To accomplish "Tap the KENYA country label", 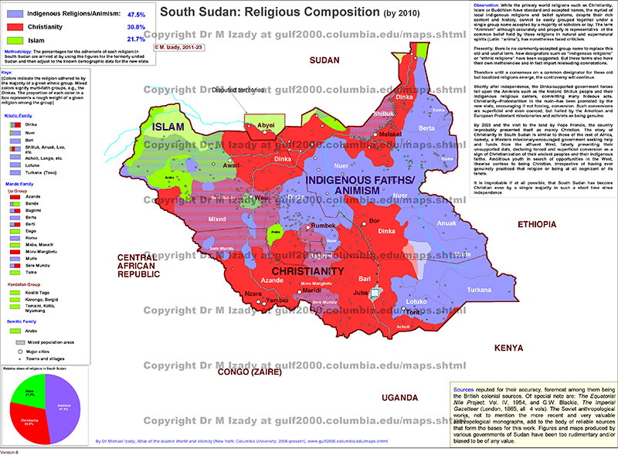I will point(510,348).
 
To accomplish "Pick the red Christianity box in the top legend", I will point(15,26).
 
